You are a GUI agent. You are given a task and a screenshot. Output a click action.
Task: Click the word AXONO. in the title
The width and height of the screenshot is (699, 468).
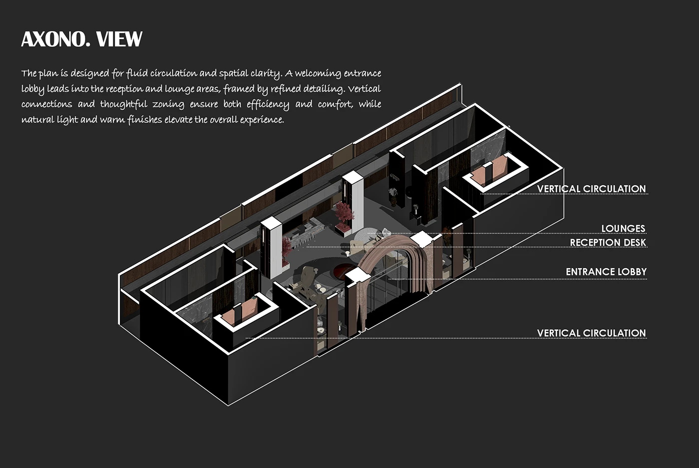point(55,39)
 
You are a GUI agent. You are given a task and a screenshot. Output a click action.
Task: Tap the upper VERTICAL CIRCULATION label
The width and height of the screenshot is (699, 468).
point(591,189)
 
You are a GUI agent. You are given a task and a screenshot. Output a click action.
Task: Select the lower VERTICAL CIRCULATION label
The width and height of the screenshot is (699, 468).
point(591,333)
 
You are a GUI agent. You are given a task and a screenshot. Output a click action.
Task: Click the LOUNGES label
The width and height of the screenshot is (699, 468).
point(623,228)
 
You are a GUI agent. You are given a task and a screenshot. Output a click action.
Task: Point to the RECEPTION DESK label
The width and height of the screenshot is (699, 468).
point(608,242)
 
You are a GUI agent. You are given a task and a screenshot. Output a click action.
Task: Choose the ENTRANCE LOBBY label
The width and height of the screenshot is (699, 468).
point(606,272)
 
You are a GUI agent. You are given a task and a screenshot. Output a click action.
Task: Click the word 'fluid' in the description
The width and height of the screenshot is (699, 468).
point(136,73)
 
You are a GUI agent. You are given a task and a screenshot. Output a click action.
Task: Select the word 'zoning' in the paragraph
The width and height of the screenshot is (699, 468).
point(168,104)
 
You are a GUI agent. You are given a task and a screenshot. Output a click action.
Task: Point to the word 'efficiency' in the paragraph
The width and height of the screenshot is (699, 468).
point(268,104)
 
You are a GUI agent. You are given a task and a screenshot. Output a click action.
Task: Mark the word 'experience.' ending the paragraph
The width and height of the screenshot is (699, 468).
point(262,120)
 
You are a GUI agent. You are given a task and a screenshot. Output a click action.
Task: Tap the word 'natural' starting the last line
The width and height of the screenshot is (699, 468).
point(36,120)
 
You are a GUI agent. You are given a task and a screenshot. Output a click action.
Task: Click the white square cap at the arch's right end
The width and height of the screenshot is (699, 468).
point(420,239)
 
